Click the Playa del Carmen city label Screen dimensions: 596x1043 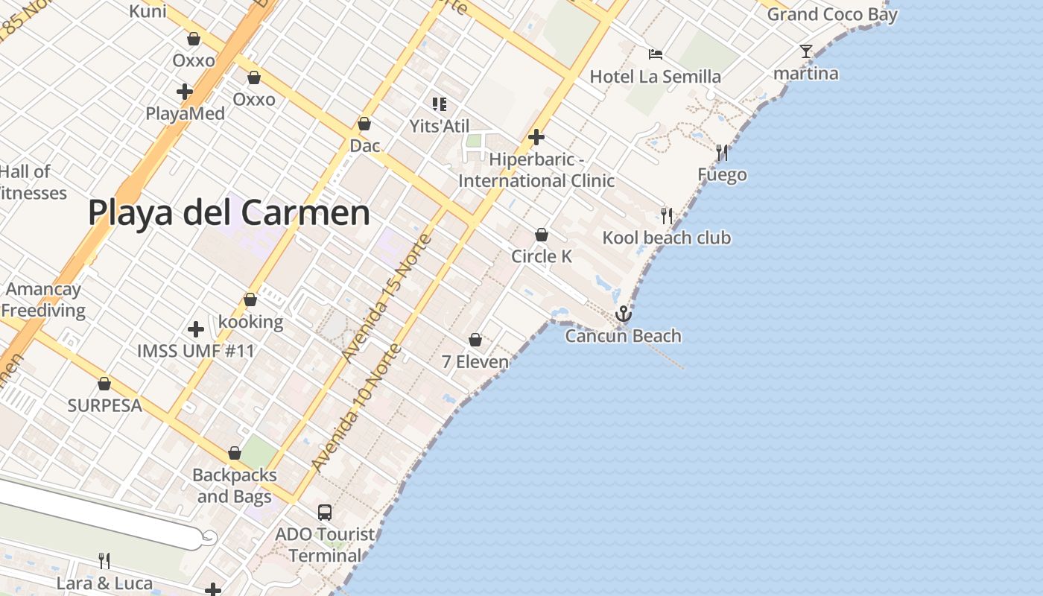point(229,212)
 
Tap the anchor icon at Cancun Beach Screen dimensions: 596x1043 point(623,314)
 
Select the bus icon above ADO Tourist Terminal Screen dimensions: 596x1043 point(324,512)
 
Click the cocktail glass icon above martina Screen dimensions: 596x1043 point(806,51)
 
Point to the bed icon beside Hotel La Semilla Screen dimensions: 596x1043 point(656,54)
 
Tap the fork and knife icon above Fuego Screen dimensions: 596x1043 point(721,153)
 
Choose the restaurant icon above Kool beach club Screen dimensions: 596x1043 point(667,216)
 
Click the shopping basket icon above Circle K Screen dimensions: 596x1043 point(542,235)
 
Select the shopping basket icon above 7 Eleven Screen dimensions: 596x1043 point(475,340)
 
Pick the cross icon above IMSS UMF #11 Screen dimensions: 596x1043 point(196,329)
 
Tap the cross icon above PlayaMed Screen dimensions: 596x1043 point(185,92)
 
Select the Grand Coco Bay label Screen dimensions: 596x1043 point(832,14)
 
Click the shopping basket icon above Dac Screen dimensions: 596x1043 point(364,124)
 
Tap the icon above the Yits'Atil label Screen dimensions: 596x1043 point(440,104)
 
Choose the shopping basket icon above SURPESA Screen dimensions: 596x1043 point(104,384)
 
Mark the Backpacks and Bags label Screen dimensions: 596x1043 point(234,485)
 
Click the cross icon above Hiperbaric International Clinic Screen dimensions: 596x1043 point(536,137)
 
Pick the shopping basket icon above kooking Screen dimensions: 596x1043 point(250,299)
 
